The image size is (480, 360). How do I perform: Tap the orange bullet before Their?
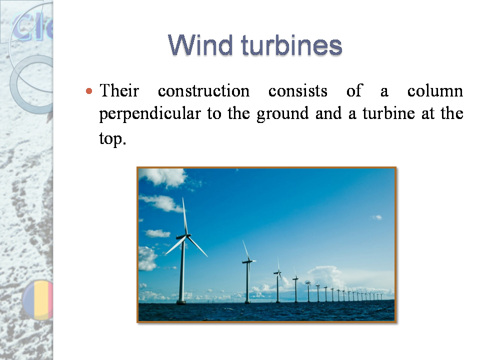[x=89, y=91]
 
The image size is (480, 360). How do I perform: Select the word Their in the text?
[x=119, y=91]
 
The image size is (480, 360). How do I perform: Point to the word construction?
[x=203, y=91]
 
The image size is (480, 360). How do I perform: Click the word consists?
[x=297, y=91]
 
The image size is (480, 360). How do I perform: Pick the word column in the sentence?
[x=434, y=91]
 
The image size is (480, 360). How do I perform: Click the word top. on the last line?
[x=110, y=138]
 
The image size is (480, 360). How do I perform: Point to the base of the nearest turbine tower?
[x=181, y=301]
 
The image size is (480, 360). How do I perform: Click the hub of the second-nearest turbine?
[x=247, y=260]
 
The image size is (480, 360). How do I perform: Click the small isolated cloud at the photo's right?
[x=376, y=217]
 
